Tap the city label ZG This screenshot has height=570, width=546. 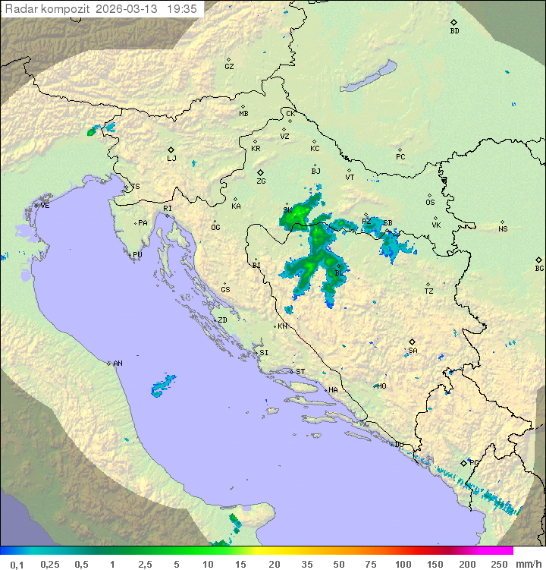[261, 181]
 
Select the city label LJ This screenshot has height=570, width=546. [171, 159]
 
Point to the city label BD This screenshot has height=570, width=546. [454, 31]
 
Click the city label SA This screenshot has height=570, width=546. [413, 351]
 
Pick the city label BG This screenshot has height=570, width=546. [539, 268]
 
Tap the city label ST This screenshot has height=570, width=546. [300, 371]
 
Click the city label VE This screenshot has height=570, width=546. [45, 206]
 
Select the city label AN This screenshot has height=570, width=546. [118, 364]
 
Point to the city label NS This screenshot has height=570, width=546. [503, 229]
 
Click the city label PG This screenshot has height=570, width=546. [475, 462]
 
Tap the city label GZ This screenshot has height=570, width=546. [229, 67]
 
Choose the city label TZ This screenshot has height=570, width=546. [428, 291]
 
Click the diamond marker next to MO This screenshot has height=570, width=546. [375, 386]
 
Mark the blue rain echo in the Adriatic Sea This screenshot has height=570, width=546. [163, 386]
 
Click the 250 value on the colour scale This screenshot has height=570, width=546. [498, 564]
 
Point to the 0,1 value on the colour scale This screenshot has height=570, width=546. [17, 564]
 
